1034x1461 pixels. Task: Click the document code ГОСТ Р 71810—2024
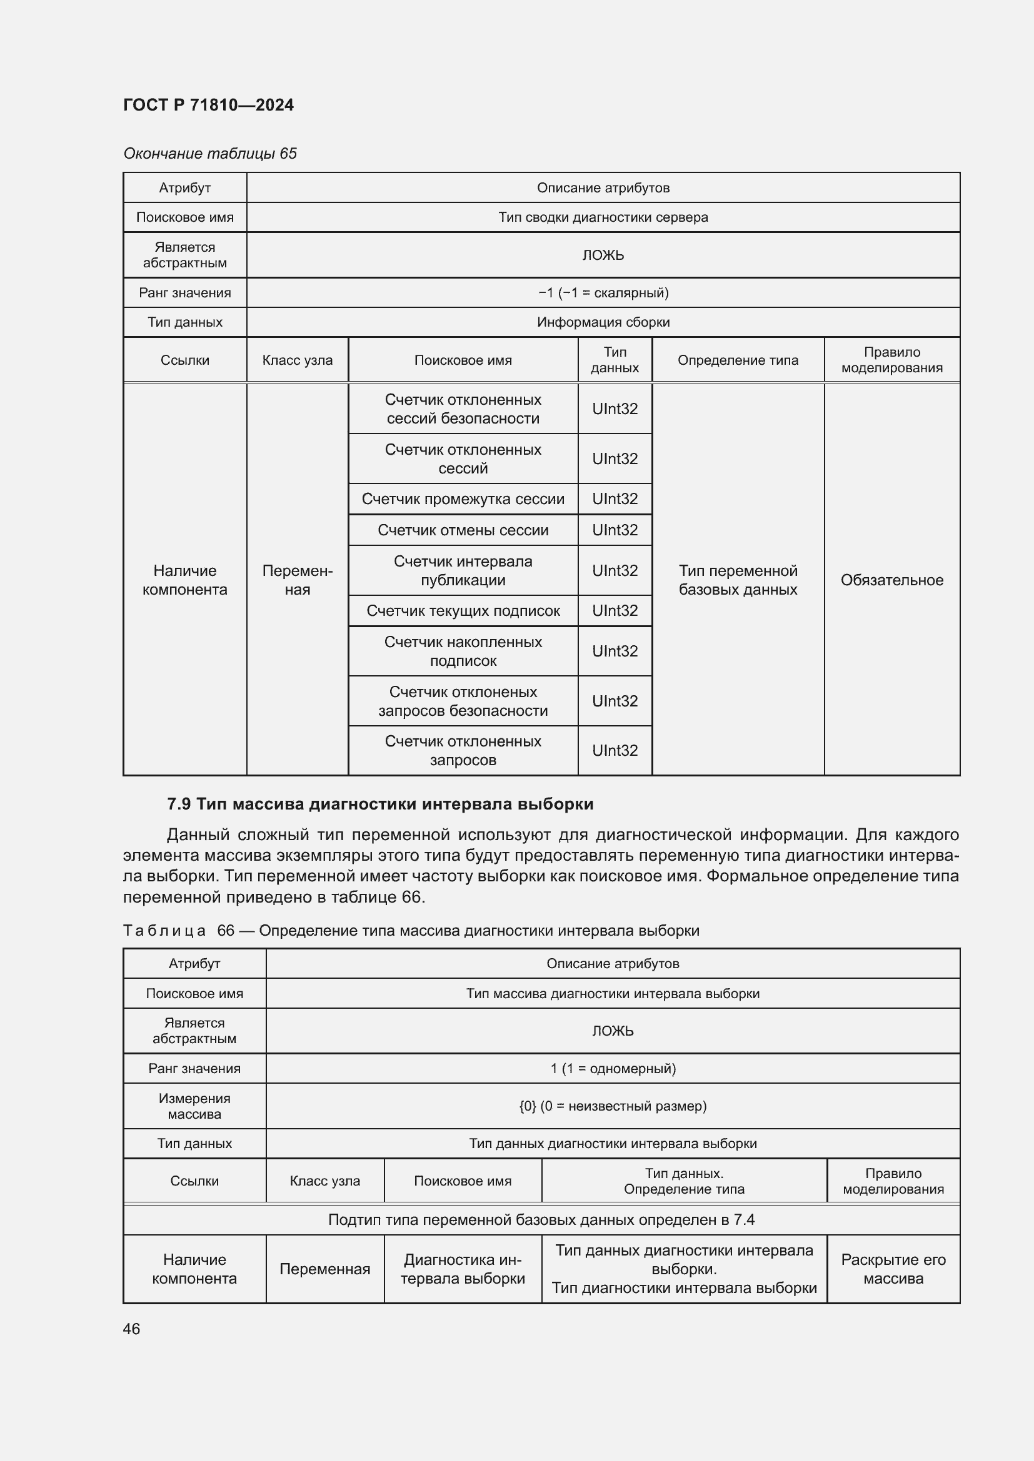click(208, 105)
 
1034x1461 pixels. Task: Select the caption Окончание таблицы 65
click(209, 154)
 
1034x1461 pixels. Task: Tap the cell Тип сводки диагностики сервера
click(602, 217)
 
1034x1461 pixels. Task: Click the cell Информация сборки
click(602, 322)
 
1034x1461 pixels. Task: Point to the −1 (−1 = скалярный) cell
click(602, 293)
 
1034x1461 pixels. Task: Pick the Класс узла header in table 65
click(298, 360)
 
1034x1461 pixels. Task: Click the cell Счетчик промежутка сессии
click(463, 499)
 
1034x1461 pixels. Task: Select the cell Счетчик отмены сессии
click(463, 530)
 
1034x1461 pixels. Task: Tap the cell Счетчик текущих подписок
click(463, 611)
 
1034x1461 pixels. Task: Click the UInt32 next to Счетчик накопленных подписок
click(615, 651)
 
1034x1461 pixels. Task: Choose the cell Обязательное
click(891, 580)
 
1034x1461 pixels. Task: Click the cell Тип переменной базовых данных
click(737, 580)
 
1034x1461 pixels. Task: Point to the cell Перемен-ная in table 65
click(298, 580)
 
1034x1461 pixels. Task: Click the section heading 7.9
click(380, 805)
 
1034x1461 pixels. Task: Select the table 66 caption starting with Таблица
click(411, 930)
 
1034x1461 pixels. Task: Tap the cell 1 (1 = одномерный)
click(613, 1068)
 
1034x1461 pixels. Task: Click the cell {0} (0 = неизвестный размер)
click(613, 1106)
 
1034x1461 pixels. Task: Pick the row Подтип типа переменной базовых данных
click(541, 1219)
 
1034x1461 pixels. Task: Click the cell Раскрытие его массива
click(893, 1269)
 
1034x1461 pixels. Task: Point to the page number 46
click(132, 1329)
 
